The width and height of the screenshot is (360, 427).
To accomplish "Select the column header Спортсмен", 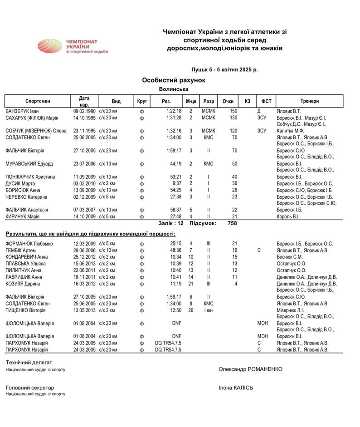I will (38, 101).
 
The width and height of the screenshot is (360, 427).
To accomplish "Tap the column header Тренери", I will (309, 101).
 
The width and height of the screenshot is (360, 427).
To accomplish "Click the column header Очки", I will (228, 101).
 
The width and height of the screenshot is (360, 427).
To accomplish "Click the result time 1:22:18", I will (174, 111).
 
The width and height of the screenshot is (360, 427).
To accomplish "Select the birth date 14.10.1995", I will (84, 118).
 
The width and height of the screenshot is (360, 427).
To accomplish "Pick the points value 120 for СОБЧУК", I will (234, 131).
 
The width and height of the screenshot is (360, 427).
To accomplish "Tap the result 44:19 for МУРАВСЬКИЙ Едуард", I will (176, 163).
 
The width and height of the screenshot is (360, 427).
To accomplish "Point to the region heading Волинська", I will (174, 89).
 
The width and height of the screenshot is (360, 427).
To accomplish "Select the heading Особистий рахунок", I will (174, 80).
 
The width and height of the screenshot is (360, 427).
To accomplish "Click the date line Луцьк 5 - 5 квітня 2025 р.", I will (225, 70).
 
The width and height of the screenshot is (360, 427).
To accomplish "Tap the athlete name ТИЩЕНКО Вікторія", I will (25, 310).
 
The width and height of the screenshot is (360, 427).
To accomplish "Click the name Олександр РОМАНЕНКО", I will (250, 369).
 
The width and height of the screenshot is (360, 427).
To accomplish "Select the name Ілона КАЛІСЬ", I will (236, 388).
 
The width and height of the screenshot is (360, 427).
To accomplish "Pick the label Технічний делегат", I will (29, 363).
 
